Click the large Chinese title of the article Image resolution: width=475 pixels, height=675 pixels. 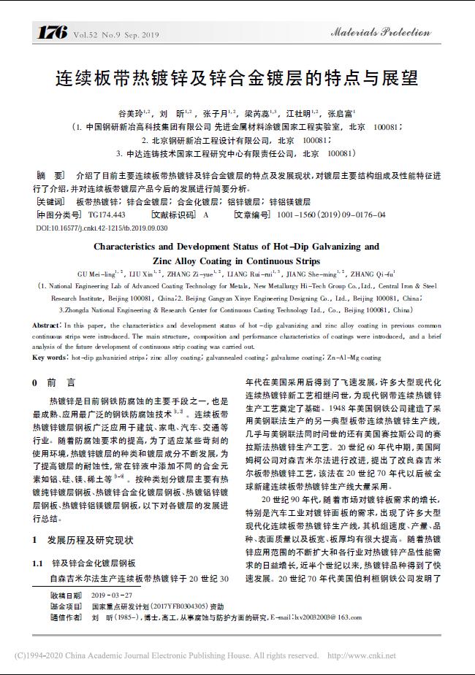pyautogui.click(x=237, y=77)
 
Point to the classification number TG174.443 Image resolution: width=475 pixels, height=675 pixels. pyautogui.click(x=107, y=215)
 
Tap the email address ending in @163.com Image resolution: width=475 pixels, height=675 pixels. pyautogui.click(x=322, y=617)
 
